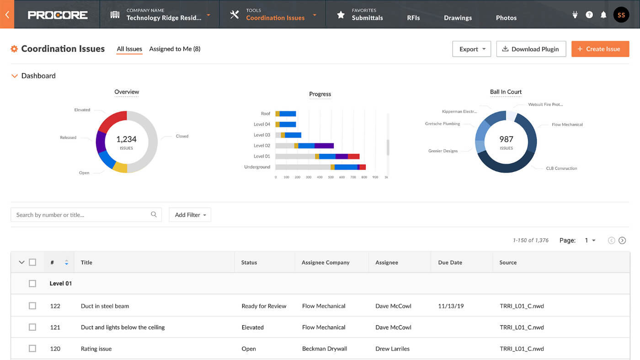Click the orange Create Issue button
[600, 49]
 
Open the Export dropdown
[471, 49]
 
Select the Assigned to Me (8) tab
[175, 49]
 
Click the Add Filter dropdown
[190, 215]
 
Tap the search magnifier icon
[154, 215]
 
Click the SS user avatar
[621, 15]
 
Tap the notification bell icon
[603, 15]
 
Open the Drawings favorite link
[458, 18]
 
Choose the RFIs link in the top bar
[413, 18]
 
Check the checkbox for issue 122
[32, 306]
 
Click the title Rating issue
[96, 349]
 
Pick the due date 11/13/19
[451, 306]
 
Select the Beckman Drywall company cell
[325, 349]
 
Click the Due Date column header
[450, 263]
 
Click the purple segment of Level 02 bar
[324, 145]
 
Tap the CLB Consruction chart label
[561, 168]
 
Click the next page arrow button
[622, 241]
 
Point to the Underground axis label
[257, 167]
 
